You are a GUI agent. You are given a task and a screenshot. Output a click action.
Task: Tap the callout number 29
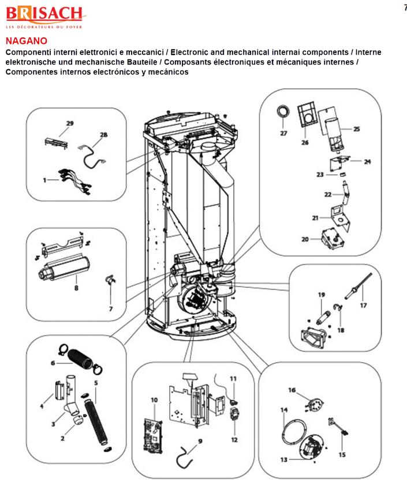[70, 123]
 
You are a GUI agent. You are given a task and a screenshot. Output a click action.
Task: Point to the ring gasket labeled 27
[283, 110]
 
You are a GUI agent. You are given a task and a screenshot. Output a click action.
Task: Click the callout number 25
[357, 129]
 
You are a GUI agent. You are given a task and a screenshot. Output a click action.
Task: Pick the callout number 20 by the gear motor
[305, 239]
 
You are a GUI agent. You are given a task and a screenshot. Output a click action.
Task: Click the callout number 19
[322, 295]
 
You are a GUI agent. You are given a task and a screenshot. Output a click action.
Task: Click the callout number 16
[292, 390]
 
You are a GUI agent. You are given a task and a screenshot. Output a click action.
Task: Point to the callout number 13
[283, 460]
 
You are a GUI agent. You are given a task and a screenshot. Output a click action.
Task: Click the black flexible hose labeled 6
[82, 364]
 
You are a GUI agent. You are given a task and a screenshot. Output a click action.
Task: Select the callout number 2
[63, 438]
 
